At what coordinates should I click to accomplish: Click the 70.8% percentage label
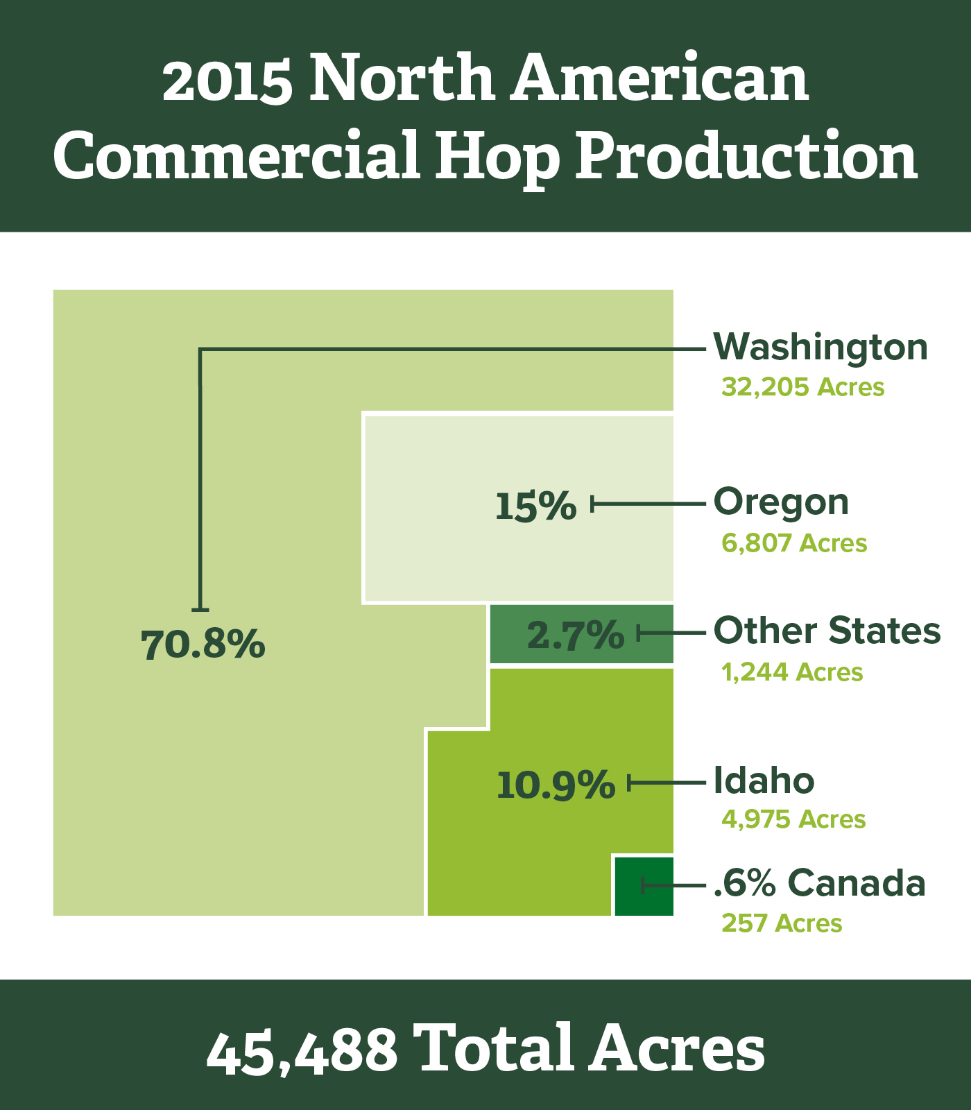[203, 644]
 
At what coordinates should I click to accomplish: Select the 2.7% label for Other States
[576, 635]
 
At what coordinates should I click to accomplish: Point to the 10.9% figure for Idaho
[556, 785]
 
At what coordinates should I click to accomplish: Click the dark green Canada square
[644, 886]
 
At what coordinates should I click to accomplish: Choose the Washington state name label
[821, 347]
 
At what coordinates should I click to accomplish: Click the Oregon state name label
[782, 502]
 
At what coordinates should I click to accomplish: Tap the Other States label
[827, 631]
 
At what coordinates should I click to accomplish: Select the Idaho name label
[764, 780]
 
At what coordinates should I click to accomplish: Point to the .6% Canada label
[820, 882]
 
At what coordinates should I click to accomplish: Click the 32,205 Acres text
[803, 387]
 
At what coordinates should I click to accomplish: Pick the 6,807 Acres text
[794, 543]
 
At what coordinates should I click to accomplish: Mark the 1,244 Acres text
[792, 672]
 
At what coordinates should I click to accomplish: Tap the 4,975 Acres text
[793, 819]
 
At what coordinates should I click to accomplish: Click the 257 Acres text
[782, 923]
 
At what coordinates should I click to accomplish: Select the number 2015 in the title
[227, 79]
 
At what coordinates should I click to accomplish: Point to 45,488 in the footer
[302, 1049]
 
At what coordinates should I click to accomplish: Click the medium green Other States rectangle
[581, 635]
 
